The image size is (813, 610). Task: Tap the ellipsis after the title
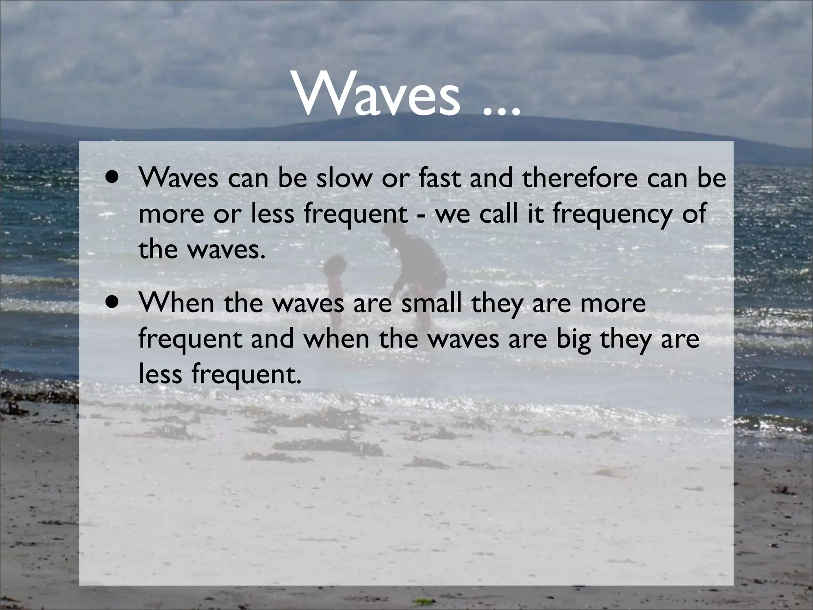(501, 110)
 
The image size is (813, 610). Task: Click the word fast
(441, 179)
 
